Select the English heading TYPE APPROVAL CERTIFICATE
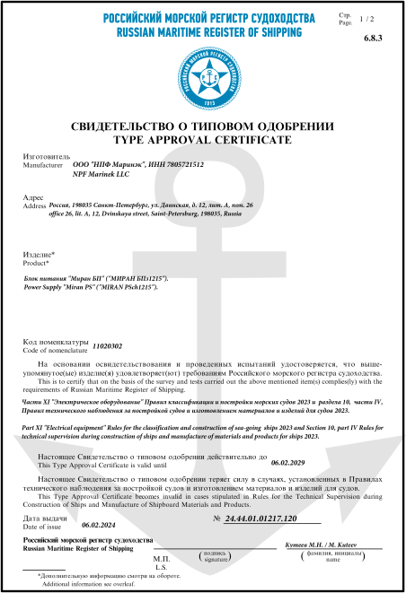(203, 141)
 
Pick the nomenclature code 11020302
(84, 345)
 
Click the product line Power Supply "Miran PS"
(95, 288)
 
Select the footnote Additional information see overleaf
(87, 583)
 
